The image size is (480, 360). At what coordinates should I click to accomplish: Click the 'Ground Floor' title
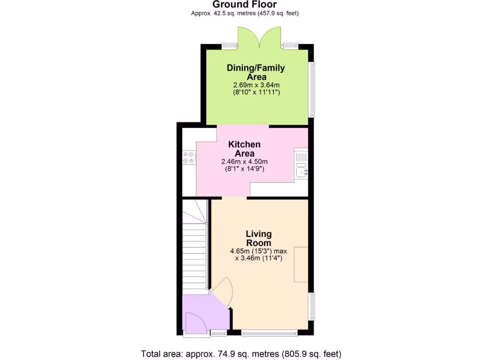coord(244,5)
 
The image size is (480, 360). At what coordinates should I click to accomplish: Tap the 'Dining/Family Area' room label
coord(256,72)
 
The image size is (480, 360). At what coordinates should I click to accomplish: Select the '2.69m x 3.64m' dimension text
coord(256,85)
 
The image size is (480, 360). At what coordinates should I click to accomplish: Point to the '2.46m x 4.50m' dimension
coord(244,161)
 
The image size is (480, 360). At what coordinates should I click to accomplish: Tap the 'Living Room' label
coord(258,239)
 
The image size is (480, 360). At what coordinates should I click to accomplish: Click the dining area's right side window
coord(313,89)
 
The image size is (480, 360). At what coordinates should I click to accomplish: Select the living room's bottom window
coord(270,333)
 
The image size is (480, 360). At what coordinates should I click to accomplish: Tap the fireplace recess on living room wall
coord(301,264)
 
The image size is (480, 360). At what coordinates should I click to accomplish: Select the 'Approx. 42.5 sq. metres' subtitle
coord(245,14)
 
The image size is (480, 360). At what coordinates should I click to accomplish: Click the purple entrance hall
coord(206,312)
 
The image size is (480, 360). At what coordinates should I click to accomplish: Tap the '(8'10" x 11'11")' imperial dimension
coord(256,92)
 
